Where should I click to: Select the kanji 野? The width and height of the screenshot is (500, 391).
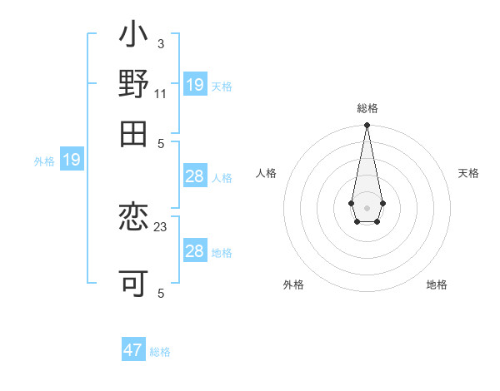tap(134, 85)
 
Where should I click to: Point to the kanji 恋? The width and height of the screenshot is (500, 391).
tap(134, 218)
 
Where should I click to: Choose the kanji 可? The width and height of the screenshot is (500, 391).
tap(134, 282)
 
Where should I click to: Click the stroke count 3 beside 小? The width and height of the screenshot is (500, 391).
tap(160, 43)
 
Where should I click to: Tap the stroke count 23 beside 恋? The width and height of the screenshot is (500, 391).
tap(161, 226)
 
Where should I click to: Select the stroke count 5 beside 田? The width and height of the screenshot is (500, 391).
tap(161, 143)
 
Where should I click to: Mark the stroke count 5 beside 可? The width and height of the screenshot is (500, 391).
tap(160, 293)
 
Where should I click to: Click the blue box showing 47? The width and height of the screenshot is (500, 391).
tap(133, 350)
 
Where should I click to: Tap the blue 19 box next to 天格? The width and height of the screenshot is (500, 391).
tap(195, 85)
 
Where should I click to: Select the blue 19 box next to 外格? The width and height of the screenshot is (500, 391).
tap(72, 160)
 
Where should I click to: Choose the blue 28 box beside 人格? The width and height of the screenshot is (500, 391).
tap(195, 176)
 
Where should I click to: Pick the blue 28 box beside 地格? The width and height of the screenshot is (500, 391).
tap(195, 251)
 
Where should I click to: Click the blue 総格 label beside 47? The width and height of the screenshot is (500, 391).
tap(160, 352)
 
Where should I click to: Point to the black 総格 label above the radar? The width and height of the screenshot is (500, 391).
tap(367, 108)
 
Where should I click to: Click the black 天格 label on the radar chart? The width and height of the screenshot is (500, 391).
tap(468, 173)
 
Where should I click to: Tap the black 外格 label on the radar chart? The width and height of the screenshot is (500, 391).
tap(293, 285)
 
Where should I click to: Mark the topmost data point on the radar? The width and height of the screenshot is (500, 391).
tap(367, 126)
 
